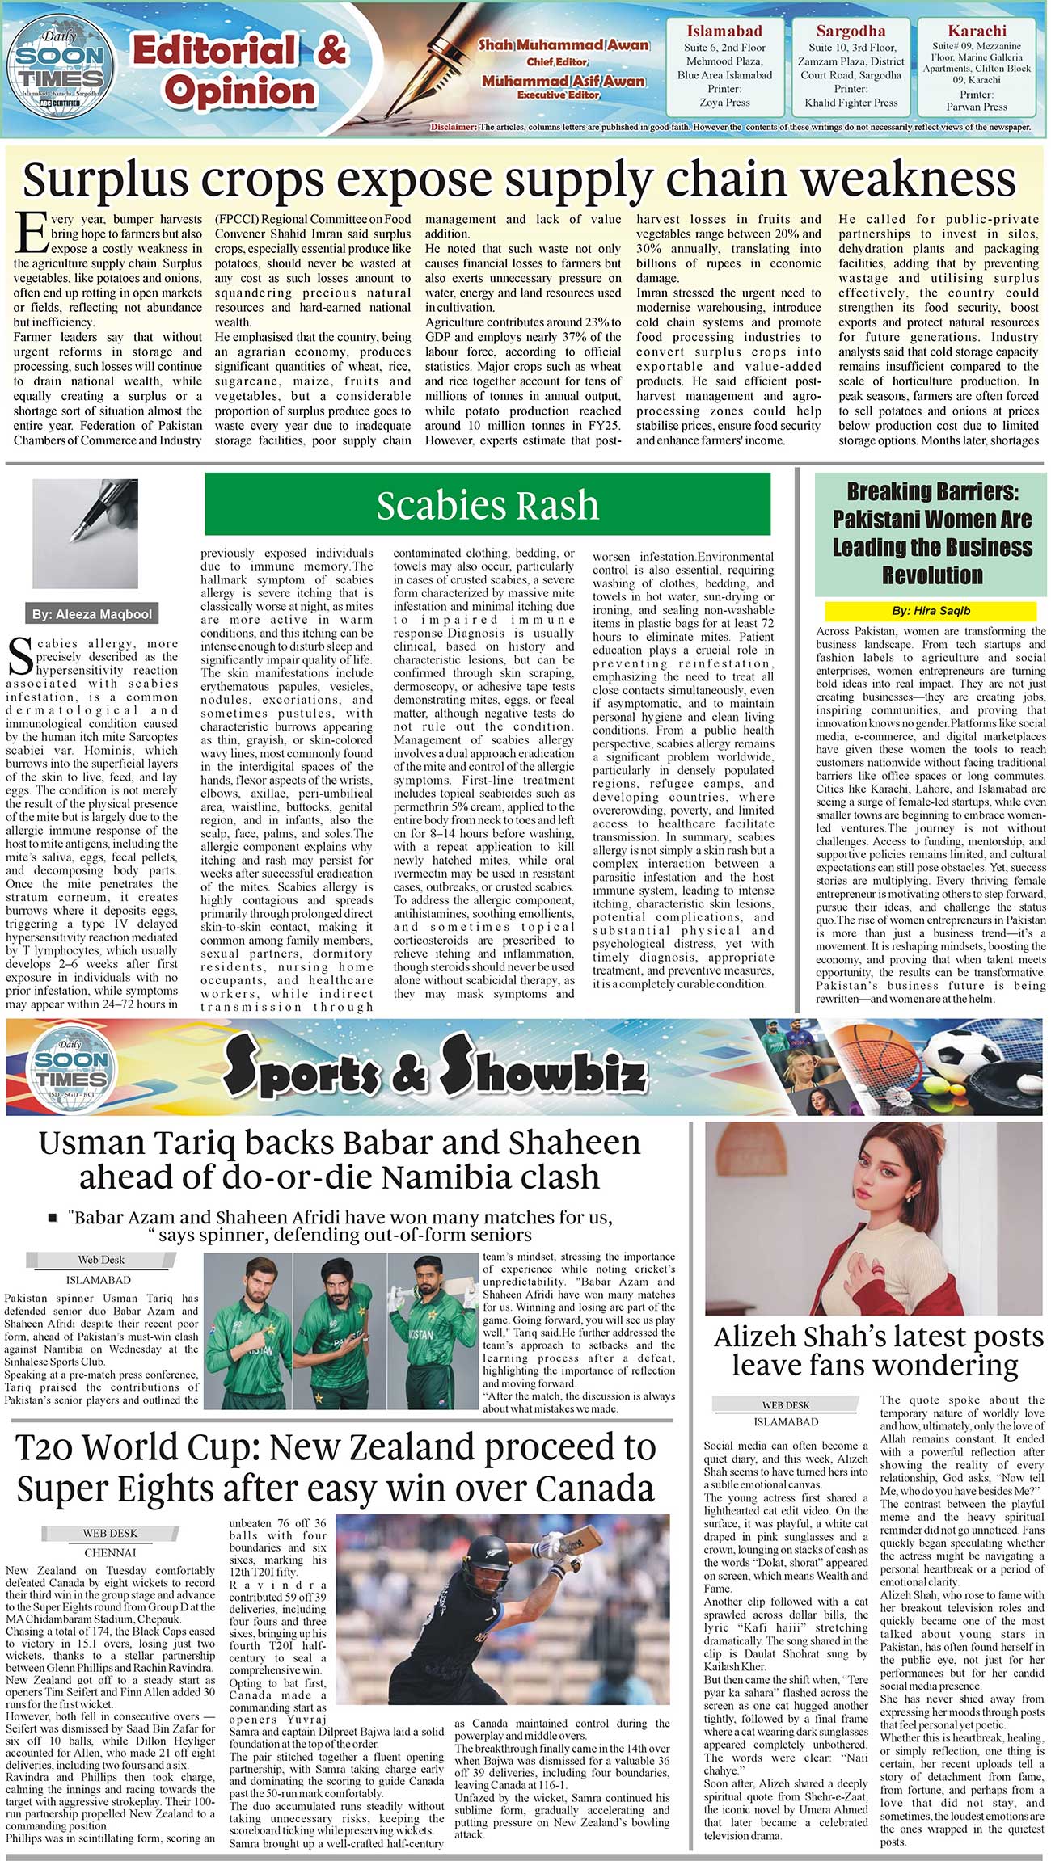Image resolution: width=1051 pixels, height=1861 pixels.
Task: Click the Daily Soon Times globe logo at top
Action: click(58, 69)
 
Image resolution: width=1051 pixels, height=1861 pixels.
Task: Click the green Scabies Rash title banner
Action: click(488, 505)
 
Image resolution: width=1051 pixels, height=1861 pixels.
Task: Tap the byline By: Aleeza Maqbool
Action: click(91, 614)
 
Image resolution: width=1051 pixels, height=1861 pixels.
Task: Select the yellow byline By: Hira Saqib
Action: click(931, 611)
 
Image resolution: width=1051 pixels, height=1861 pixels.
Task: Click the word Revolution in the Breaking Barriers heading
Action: click(932, 575)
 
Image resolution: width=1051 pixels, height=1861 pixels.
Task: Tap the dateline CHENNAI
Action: click(110, 1552)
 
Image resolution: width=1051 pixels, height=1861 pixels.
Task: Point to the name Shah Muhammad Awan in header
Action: click(563, 45)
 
